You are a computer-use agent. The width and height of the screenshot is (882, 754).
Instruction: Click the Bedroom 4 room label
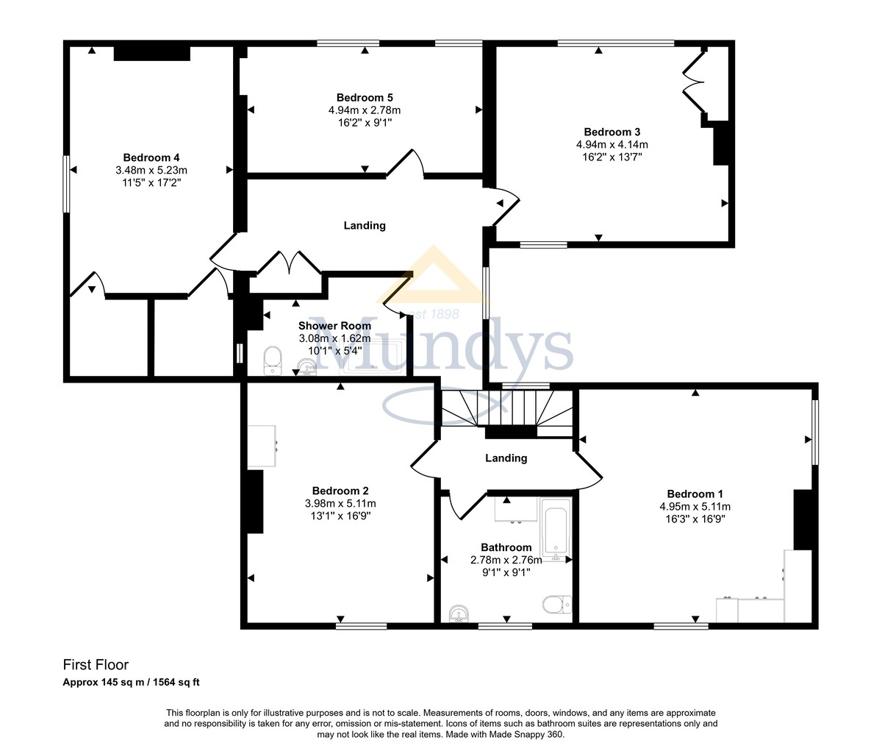[151, 157]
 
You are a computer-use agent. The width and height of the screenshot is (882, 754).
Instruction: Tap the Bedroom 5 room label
[365, 98]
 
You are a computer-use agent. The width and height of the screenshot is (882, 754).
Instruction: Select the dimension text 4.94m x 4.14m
[612, 144]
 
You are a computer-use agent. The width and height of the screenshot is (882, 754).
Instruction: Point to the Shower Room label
[334, 326]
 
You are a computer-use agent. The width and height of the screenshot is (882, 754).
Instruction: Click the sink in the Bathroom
[460, 613]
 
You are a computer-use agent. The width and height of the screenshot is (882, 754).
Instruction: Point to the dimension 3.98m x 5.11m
[340, 504]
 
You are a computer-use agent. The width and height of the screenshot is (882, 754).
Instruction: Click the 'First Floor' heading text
[96, 665]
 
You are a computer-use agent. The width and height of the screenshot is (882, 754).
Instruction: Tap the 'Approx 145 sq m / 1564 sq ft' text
[131, 682]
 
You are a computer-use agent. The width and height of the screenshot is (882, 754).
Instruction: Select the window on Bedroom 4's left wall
[66, 184]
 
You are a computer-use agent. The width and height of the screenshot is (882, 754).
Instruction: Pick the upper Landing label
[365, 226]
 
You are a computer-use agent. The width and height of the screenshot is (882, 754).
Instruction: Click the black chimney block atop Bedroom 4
[152, 53]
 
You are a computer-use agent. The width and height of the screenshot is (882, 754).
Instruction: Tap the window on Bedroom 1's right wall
[814, 433]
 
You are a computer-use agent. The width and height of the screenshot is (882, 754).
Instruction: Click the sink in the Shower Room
[307, 366]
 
